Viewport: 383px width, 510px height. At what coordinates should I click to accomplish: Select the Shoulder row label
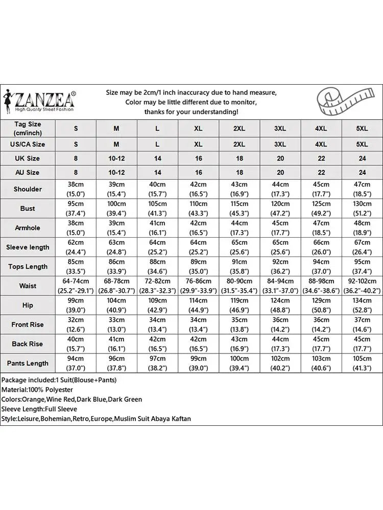tap(28, 189)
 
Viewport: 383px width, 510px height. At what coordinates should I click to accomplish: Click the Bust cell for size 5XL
tap(362, 209)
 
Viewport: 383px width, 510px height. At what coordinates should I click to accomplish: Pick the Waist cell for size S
tap(76, 286)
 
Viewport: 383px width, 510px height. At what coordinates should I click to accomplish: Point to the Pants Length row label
tap(28, 364)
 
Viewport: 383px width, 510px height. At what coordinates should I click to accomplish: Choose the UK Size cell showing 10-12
tap(116, 159)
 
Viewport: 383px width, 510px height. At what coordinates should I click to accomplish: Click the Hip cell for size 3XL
tap(280, 305)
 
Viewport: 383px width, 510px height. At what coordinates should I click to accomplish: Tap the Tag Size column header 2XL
tap(239, 129)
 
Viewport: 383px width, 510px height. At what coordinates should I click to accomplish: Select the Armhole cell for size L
tap(157, 228)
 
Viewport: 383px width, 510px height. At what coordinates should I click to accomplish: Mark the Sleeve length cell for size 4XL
tap(321, 247)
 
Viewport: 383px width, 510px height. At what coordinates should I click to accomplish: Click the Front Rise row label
tap(28, 325)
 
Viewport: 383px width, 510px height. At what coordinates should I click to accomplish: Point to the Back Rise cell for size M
tap(116, 344)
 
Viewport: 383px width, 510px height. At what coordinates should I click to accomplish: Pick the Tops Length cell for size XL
tap(198, 267)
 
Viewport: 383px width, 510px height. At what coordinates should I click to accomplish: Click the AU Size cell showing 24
tap(362, 173)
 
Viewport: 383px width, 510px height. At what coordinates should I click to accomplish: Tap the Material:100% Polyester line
tap(37, 390)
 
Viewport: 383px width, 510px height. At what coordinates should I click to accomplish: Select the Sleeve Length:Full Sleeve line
tap(39, 409)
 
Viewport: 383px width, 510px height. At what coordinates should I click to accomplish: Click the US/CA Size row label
tap(28, 144)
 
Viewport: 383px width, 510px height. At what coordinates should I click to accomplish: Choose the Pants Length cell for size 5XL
tap(362, 364)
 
